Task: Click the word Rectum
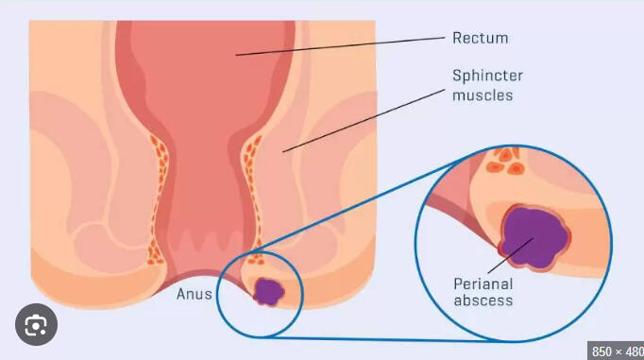(x=480, y=39)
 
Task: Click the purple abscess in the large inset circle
(x=534, y=236)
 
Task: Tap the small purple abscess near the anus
(x=268, y=290)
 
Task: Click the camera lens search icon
(x=36, y=327)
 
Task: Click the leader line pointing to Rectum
(x=340, y=46)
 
